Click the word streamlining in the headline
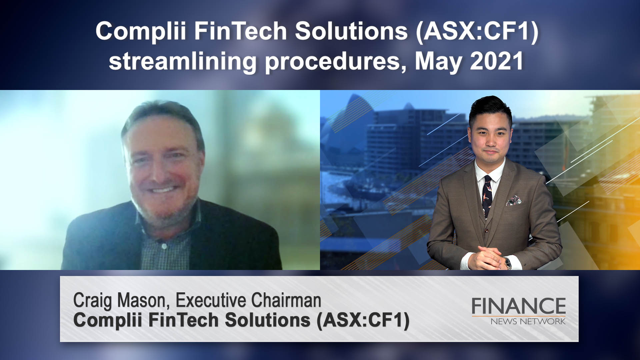coord(183,62)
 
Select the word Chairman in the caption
coord(286,300)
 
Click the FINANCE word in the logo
coord(519,306)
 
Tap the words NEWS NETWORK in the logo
coord(528,321)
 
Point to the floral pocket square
coord(514,200)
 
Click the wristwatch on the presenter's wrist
coord(507,263)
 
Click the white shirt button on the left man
coord(164,246)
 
